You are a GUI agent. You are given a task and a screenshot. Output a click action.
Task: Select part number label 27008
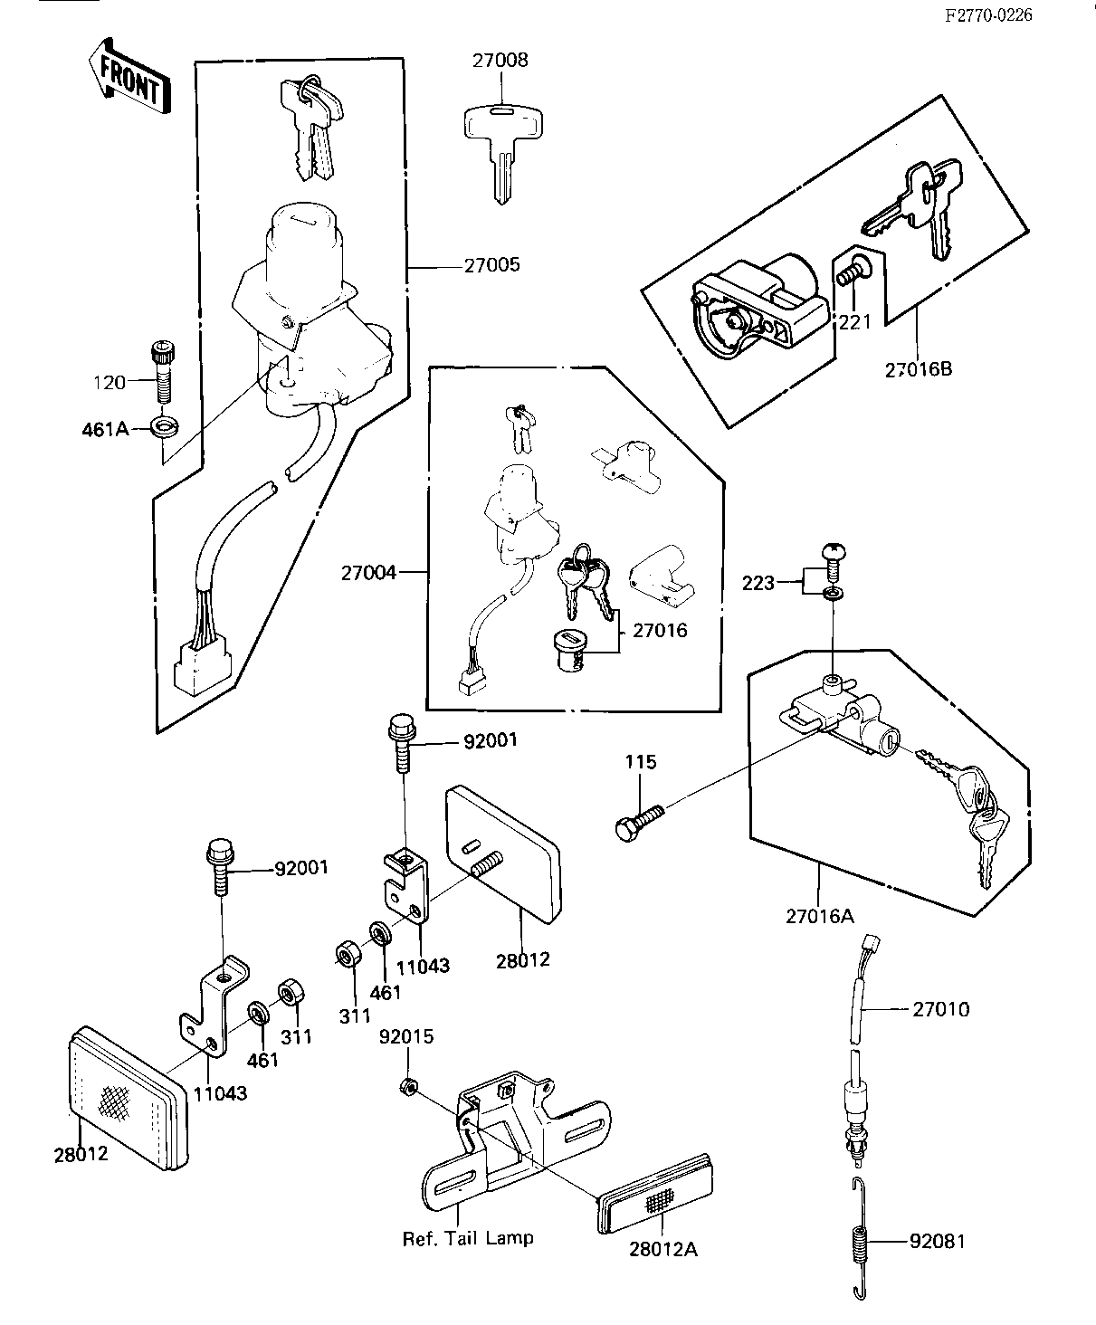coord(499,61)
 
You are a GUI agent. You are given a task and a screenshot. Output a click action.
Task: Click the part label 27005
coord(492,266)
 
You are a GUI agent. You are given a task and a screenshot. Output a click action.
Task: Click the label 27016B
coord(918,369)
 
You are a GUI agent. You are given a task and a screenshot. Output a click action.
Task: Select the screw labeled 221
coord(852,269)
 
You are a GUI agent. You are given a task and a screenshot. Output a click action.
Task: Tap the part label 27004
coord(369,573)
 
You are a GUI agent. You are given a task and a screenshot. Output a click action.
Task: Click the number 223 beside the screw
coord(758,583)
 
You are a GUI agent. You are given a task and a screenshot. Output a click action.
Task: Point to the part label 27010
coord(941,1009)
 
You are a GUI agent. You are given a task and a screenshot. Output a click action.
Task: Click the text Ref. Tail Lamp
coord(468,1238)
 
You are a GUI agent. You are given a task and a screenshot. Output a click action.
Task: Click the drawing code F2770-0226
coord(988,15)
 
